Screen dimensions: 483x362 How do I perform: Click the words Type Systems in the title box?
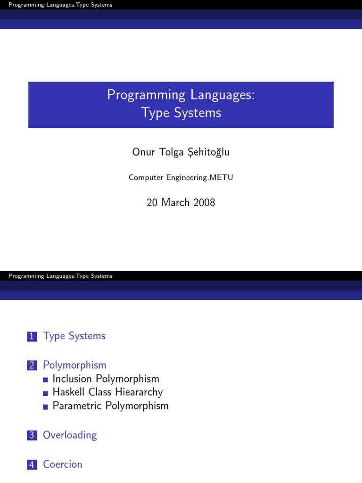tap(181, 113)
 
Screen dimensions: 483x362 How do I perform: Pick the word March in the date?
tap(174, 203)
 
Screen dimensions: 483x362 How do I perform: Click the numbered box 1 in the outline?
tap(32, 336)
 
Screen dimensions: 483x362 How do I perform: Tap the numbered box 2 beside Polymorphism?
tap(32, 366)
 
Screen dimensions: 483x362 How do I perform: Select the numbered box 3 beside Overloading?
tap(32, 435)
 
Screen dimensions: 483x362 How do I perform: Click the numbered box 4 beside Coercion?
tap(32, 465)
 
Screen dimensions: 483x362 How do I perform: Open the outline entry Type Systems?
tap(74, 336)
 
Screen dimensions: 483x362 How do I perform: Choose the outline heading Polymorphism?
tap(74, 365)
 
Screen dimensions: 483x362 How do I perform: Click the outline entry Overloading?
tap(70, 435)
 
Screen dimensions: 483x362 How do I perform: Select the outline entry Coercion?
tap(63, 465)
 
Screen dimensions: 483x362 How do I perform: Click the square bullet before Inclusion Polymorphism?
tap(45, 380)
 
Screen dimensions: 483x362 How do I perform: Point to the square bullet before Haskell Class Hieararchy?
tap(45, 393)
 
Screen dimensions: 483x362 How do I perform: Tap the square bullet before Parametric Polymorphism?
tap(45, 407)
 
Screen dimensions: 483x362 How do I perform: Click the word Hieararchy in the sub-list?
tap(140, 392)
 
